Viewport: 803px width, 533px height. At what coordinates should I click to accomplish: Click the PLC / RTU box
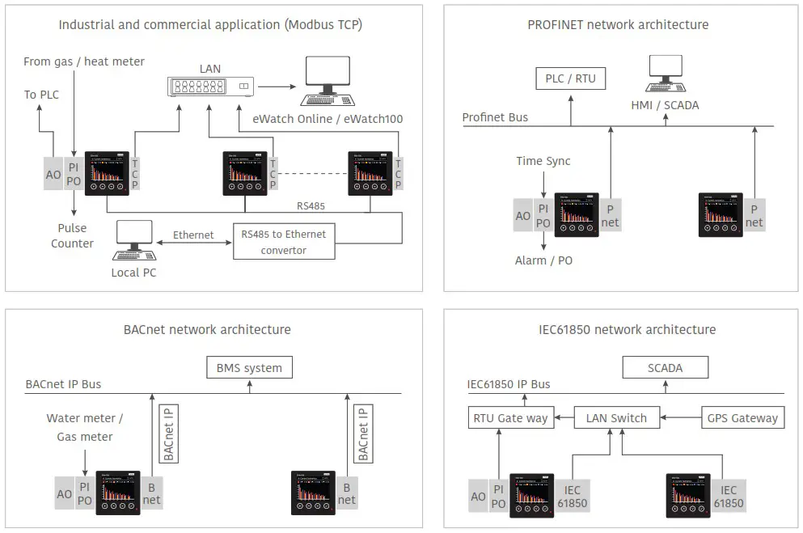570,78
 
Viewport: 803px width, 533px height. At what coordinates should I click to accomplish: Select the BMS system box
249,368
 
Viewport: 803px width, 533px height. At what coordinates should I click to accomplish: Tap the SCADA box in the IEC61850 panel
665,368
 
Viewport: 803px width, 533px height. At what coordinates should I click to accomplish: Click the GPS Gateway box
742,418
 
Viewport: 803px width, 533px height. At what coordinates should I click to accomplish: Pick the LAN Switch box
616,418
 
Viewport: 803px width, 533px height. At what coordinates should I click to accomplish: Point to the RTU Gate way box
509,418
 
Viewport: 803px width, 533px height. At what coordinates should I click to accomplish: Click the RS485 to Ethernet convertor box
284,242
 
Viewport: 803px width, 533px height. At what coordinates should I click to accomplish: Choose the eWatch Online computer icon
330,81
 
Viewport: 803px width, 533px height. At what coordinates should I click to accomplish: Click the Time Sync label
543,161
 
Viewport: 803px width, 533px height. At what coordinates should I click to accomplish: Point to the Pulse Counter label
73,235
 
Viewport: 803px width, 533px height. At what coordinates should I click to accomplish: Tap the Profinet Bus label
495,117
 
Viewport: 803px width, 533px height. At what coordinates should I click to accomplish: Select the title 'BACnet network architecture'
207,329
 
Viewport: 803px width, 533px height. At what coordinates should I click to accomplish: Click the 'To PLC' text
41,95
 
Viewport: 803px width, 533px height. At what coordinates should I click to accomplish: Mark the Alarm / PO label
543,260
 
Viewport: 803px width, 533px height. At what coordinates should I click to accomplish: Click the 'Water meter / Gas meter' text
84,427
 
